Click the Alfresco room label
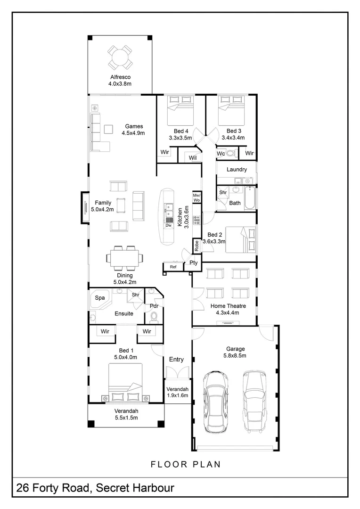point(120,77)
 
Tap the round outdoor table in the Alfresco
point(120,57)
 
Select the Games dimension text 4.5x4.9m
point(133,133)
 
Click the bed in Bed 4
point(180,110)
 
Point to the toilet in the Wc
point(230,153)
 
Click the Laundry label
point(237,170)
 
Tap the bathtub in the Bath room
point(250,198)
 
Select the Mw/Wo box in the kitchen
point(196,197)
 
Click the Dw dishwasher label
point(168,225)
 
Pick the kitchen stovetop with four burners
point(196,220)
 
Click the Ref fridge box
point(173,266)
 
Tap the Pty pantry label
point(194,263)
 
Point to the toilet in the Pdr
point(154,317)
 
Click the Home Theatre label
point(228,306)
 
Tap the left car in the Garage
point(216,402)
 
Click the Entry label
point(176,359)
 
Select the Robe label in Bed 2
point(196,246)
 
